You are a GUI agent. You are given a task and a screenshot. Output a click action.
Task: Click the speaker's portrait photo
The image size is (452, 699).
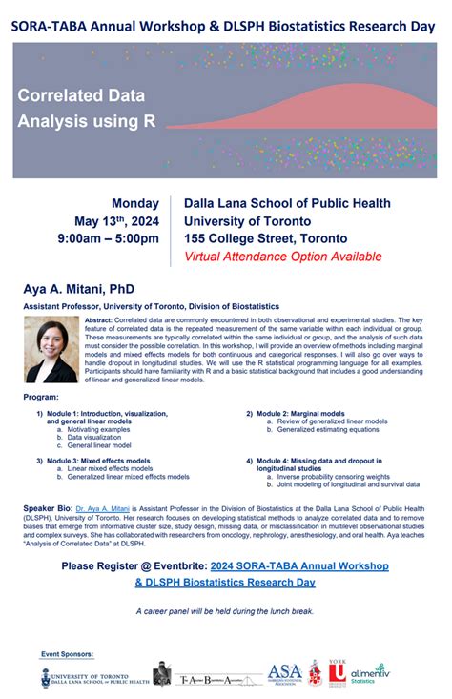click(51, 349)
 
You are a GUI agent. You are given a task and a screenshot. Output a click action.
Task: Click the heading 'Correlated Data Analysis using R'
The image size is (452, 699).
click(86, 109)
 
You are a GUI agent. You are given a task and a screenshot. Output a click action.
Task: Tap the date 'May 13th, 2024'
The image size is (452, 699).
click(118, 220)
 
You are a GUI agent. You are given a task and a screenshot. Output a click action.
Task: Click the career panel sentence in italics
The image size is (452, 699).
click(225, 610)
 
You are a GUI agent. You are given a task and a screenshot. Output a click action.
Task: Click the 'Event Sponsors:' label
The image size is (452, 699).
click(68, 654)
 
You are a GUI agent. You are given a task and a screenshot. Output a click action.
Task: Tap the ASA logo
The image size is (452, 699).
click(284, 675)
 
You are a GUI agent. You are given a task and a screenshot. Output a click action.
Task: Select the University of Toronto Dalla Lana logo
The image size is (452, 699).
click(94, 677)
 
